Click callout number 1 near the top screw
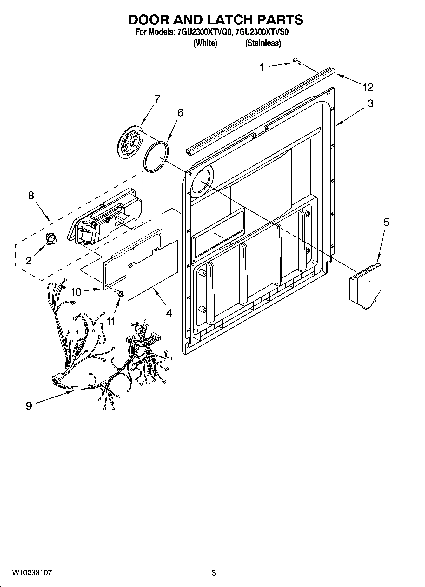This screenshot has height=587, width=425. (261, 67)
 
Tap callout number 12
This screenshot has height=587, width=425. (368, 87)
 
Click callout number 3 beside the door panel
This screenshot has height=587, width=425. (370, 103)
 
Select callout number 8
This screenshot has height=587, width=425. (31, 195)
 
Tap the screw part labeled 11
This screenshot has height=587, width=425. (119, 292)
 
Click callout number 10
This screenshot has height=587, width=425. (76, 292)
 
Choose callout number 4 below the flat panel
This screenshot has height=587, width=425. (169, 313)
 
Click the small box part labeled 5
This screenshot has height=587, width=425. (365, 283)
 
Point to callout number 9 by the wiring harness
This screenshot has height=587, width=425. (29, 405)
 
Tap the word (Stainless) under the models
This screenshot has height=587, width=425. (263, 43)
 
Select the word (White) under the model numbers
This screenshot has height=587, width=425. (205, 43)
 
